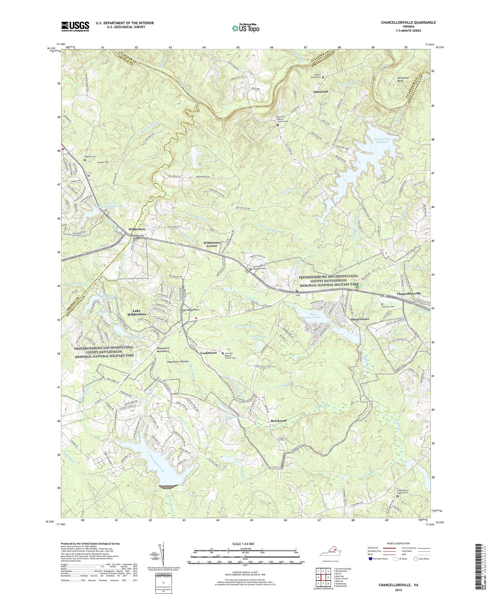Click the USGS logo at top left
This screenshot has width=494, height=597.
(75, 26)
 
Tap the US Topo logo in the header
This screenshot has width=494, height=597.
(245, 28)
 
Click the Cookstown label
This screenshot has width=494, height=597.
(208, 353)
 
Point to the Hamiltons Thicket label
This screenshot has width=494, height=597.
(177, 361)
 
